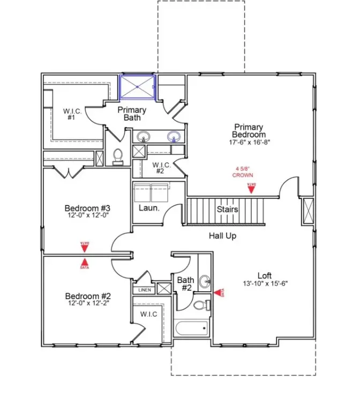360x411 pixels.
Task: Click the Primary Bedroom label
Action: coord(248,130)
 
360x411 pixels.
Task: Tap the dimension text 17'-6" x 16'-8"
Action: coord(248,143)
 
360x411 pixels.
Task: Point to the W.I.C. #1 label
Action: coord(72,114)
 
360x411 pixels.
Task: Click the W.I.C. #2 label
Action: coord(160,168)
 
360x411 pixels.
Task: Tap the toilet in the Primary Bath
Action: coord(118,156)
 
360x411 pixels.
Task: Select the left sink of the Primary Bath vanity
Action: coord(143,137)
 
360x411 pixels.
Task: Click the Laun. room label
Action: coord(149,208)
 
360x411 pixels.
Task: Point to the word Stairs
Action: coord(227,209)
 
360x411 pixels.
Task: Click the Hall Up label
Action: coord(222,235)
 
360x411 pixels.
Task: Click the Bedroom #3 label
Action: coord(87,208)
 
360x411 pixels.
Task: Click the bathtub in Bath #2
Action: coord(191,328)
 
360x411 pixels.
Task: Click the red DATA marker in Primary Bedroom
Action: coord(251,188)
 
